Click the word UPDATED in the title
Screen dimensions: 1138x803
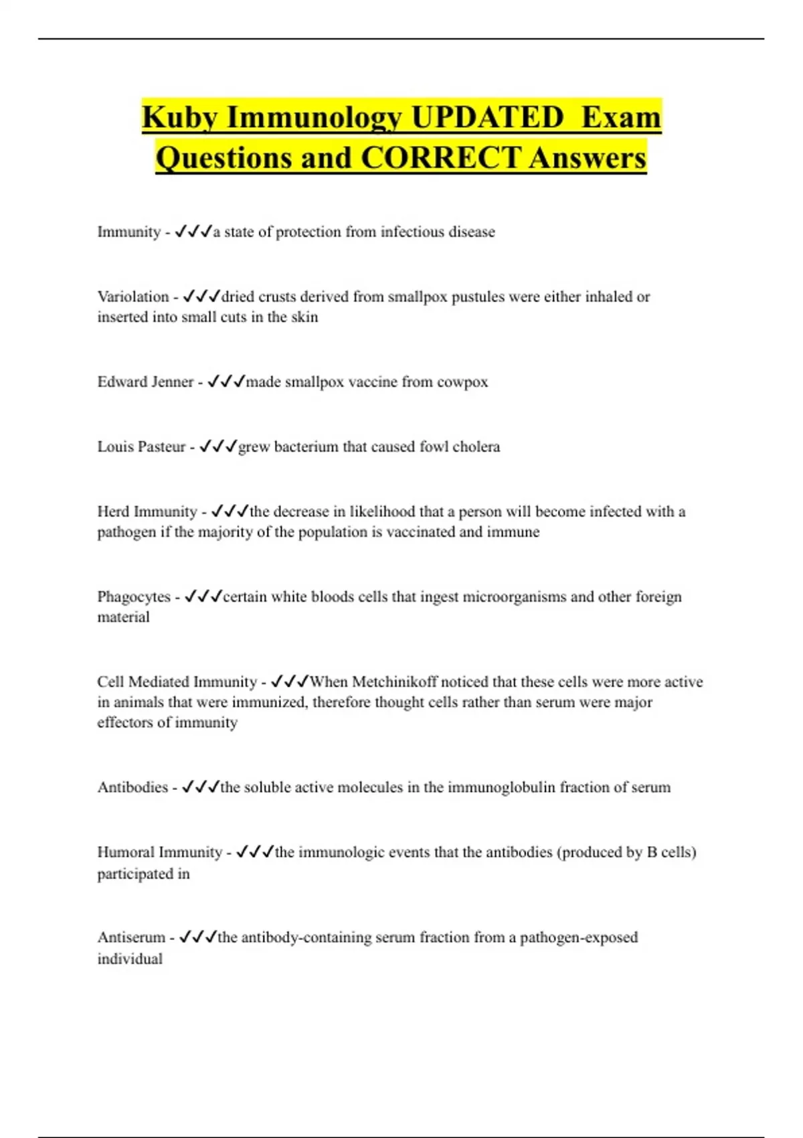click(486, 118)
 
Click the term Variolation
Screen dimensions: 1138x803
click(133, 297)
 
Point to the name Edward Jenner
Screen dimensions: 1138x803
click(145, 382)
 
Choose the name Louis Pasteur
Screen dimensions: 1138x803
click(141, 446)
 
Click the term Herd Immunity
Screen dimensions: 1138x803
click(147, 511)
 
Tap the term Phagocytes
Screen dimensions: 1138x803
click(134, 596)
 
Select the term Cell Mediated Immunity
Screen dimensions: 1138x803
click(177, 681)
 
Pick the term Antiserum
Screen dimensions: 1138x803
click(131, 937)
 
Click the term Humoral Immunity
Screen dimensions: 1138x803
click(159, 852)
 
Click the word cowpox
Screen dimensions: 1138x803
click(462, 382)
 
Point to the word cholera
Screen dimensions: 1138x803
click(476, 446)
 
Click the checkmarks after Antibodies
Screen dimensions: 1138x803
click(200, 787)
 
